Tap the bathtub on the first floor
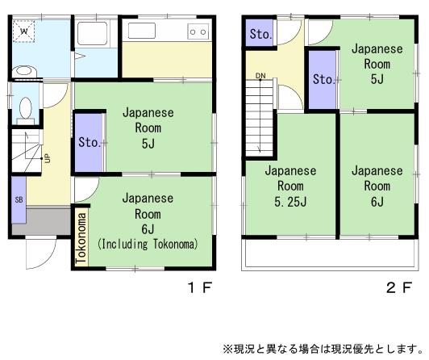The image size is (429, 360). point(94,36)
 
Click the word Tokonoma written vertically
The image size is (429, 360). point(81,237)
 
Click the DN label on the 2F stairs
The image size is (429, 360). point(260,77)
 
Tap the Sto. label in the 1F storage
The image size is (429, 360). point(89,143)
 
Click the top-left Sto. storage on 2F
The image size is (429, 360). point(260,34)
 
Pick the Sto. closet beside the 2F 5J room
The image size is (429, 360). point(323,79)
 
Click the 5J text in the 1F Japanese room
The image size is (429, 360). point(148,143)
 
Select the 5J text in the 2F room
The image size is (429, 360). point(377,78)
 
